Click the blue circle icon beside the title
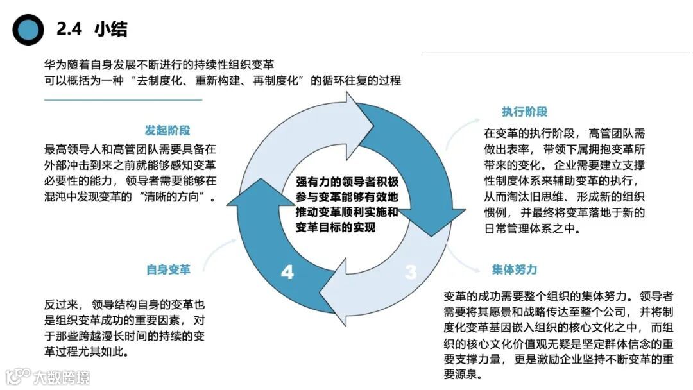(x=28, y=30)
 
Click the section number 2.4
(x=70, y=30)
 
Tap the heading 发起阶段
(x=168, y=130)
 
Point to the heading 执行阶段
(x=524, y=112)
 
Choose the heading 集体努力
(x=515, y=269)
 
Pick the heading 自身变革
(x=168, y=269)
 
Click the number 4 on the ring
(x=287, y=272)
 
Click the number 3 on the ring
(x=410, y=272)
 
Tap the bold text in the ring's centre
(x=347, y=205)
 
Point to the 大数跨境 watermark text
(x=62, y=377)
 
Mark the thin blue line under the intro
(x=123, y=100)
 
